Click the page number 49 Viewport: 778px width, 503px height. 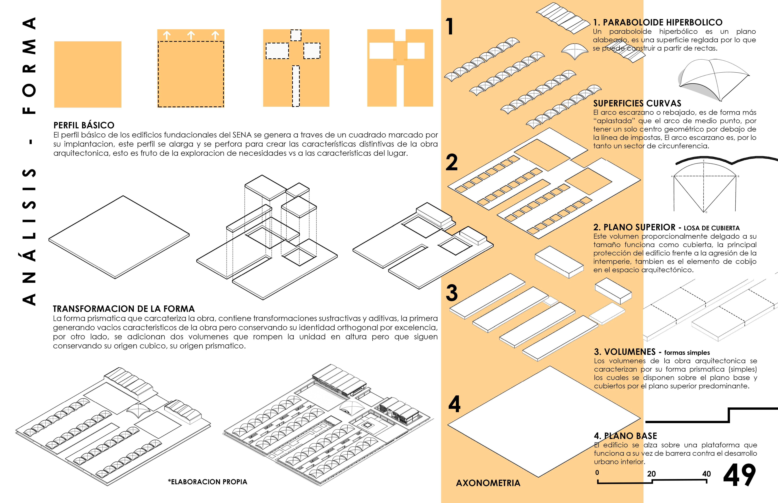pyautogui.click(x=739, y=475)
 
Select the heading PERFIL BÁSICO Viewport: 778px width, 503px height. pyautogui.click(x=84, y=125)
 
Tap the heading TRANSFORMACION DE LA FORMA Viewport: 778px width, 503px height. pyautogui.click(x=124, y=309)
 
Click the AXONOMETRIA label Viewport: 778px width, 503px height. pyautogui.click(x=488, y=483)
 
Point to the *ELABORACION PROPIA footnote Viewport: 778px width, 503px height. pyautogui.click(x=208, y=482)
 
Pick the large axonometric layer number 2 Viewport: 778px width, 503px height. pyautogui.click(x=452, y=162)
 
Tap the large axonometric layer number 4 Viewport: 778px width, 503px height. pyautogui.click(x=454, y=404)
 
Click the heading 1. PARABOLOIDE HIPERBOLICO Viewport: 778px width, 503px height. pyautogui.click(x=658, y=22)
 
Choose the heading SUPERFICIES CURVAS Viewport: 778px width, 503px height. pyautogui.click(x=637, y=103)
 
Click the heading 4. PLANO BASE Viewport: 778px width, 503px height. pyautogui.click(x=625, y=436)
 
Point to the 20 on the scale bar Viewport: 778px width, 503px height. pyautogui.click(x=652, y=474)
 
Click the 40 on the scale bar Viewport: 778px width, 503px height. pyautogui.click(x=706, y=474)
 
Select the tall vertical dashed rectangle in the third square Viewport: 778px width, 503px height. pyautogui.click(x=296, y=86)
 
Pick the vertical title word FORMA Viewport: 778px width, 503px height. pyautogui.click(x=29, y=65)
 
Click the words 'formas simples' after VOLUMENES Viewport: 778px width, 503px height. pyautogui.click(x=687, y=352)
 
